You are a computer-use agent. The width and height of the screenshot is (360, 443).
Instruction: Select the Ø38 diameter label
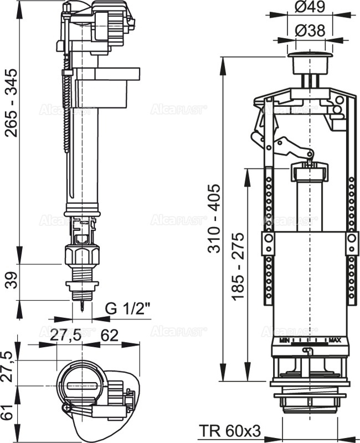[313, 32]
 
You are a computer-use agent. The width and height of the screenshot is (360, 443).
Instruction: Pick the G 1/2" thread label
[128, 308]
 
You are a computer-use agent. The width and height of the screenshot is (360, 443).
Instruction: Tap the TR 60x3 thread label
[230, 430]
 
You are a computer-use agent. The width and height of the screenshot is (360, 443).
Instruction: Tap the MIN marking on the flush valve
[285, 339]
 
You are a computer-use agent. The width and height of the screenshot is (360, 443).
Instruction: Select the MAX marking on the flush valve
[335, 339]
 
